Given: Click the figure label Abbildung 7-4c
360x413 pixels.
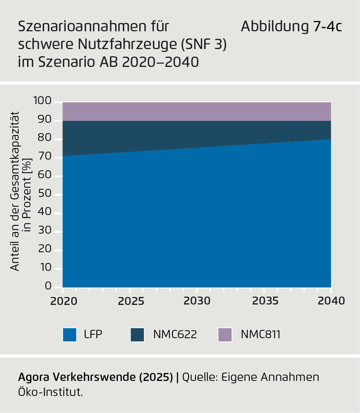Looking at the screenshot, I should [291, 27].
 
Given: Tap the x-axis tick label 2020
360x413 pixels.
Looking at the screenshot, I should [63, 301].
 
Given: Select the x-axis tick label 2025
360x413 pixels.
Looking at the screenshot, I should [130, 301].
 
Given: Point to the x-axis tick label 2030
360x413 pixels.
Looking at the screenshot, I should [197, 301].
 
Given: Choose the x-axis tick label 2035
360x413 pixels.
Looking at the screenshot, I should [264, 301].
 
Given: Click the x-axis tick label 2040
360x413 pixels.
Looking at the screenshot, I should [331, 301].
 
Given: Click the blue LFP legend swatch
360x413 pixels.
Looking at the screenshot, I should [70, 335].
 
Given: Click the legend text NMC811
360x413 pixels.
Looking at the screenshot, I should [260, 335].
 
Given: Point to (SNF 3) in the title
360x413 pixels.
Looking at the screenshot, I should [203, 44].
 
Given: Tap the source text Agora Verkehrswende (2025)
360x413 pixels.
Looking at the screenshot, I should [96, 377].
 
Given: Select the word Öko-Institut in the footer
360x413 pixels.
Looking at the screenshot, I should [51, 392].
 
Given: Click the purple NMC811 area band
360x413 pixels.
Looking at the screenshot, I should [197, 111].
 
